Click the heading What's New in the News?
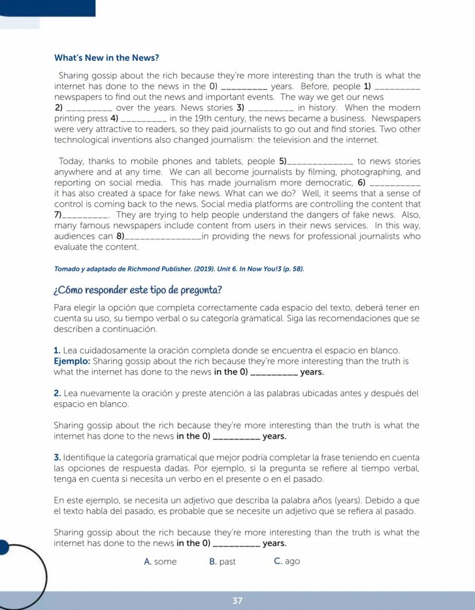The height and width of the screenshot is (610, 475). [106, 58]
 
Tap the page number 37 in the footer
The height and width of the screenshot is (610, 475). [237, 601]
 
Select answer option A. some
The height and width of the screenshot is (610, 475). [161, 561]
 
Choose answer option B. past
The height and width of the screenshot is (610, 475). [223, 561]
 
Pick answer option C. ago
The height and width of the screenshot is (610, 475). [287, 561]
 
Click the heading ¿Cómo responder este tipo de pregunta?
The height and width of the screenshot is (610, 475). [138, 289]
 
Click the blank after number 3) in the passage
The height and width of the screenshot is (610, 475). [273, 109]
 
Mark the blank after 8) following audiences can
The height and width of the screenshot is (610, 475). [163, 238]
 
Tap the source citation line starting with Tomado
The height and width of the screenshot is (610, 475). [178, 269]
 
